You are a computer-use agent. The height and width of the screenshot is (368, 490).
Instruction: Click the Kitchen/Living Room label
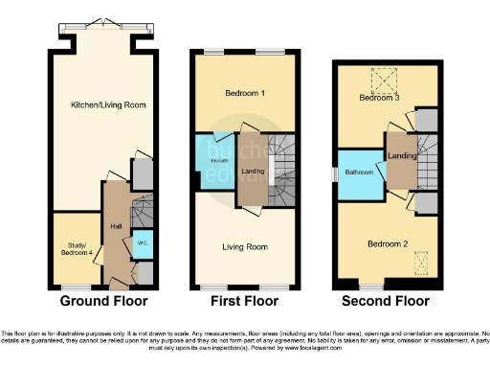tap(107, 103)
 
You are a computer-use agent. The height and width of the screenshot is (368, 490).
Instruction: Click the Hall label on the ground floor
tap(116, 226)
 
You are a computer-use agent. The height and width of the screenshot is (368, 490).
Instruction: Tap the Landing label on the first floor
tap(253, 172)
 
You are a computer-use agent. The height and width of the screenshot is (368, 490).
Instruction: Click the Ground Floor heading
tap(103, 300)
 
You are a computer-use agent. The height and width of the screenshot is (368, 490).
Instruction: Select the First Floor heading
tap(243, 300)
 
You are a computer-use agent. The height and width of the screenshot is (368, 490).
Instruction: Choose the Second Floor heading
tap(388, 300)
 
